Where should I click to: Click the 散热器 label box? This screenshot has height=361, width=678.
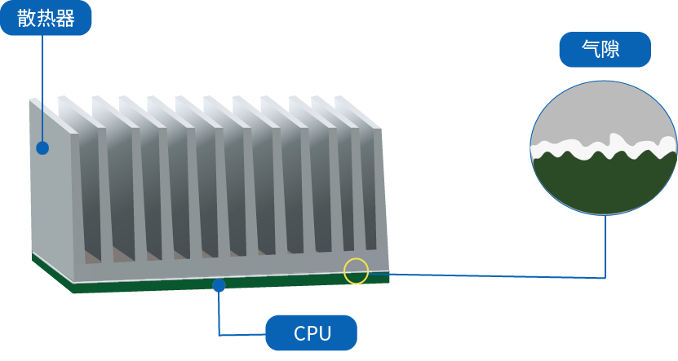click(46, 18)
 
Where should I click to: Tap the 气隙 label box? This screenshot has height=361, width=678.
click(605, 49)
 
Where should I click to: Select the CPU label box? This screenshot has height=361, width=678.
click(312, 332)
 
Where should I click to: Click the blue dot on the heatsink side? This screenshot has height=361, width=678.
click(42, 148)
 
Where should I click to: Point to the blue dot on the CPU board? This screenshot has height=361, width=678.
click(219, 285)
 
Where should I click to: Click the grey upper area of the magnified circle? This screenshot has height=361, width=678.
click(604, 110)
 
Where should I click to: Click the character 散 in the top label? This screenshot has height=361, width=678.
click(26, 18)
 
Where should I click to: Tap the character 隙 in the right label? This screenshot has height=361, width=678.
click(611, 49)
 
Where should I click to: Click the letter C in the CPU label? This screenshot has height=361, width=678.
click(300, 333)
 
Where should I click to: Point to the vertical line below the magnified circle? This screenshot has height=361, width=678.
click(605, 246)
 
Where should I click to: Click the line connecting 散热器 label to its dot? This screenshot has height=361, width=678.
click(42, 89)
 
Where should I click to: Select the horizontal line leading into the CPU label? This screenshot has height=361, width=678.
click(242, 335)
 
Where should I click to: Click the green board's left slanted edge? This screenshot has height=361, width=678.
click(52, 273)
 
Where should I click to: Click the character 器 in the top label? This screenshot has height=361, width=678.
click(64, 18)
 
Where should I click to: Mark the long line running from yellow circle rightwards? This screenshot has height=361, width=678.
click(486, 275)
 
